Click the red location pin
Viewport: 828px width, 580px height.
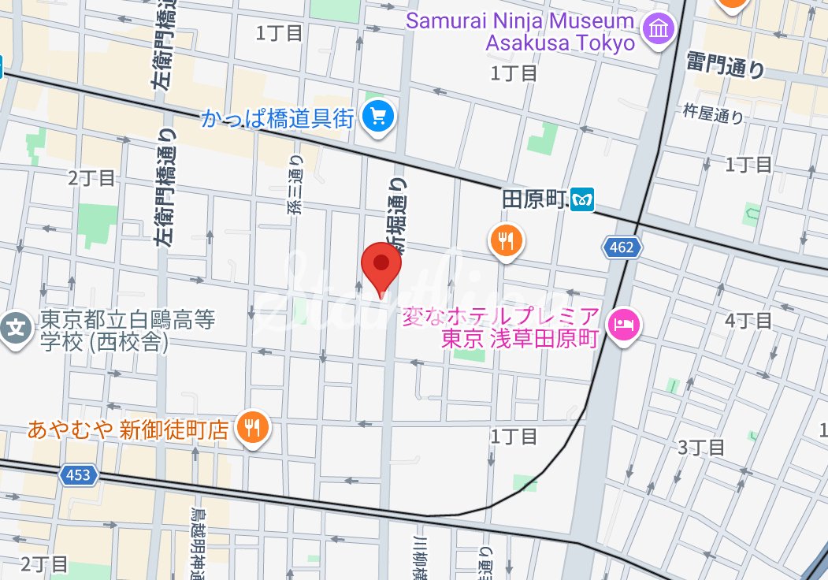(x=381, y=268)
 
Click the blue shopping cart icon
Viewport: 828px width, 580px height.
(x=378, y=118)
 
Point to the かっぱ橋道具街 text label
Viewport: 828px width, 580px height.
(x=277, y=118)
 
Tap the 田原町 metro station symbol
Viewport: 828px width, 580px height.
(x=583, y=200)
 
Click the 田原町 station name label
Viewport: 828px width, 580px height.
(x=535, y=200)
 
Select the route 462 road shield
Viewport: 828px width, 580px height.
(x=622, y=248)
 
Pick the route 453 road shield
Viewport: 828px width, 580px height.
(x=79, y=474)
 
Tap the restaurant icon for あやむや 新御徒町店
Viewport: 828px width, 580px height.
(x=252, y=428)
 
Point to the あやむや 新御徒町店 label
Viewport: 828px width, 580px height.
(x=128, y=429)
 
